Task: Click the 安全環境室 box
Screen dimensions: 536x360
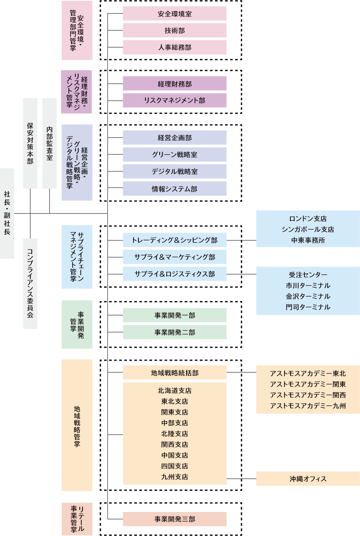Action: [175, 14]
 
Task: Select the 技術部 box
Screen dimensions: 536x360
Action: [175, 30]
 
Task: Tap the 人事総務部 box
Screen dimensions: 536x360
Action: [175, 47]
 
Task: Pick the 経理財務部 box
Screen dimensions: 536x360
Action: [175, 83]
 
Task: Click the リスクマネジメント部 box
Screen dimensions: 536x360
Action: [175, 100]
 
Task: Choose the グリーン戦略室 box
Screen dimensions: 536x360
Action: [175, 155]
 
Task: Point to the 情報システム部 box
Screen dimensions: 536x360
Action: [175, 189]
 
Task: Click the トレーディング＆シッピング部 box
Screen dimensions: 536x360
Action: [175, 240]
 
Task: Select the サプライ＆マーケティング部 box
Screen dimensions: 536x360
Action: [175, 257]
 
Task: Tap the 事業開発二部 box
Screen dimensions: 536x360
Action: [175, 332]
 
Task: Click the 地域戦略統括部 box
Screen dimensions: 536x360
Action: [175, 373]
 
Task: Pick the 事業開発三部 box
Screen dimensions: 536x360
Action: [175, 519]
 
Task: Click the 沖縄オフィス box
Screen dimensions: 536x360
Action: [308, 479]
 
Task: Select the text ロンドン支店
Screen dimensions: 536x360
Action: [308, 218]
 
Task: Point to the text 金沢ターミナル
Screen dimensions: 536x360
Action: [308, 296]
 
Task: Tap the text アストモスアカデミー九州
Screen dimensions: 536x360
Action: [308, 405]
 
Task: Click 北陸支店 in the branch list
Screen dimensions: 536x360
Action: [175, 434]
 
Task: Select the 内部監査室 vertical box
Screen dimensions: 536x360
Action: [49, 143]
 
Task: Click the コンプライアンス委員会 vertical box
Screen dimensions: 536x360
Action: [30, 283]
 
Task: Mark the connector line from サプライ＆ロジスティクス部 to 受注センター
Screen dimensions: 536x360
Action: [241, 274]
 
